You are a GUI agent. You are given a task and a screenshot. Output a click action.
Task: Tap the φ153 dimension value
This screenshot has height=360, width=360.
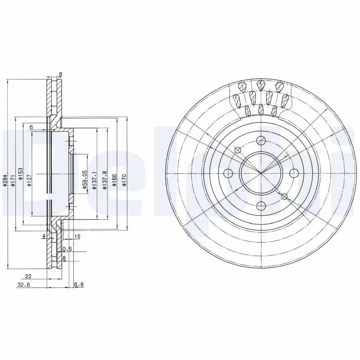21,174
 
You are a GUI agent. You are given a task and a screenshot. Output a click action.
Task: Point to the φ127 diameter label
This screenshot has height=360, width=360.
29,180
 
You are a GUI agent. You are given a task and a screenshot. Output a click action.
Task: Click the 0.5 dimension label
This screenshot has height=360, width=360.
67,248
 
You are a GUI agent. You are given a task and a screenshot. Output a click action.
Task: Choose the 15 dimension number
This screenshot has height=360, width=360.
77,236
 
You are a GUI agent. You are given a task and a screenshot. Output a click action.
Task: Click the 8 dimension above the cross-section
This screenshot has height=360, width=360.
61,75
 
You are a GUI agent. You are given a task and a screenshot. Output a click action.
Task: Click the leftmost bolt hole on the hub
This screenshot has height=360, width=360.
228,173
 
